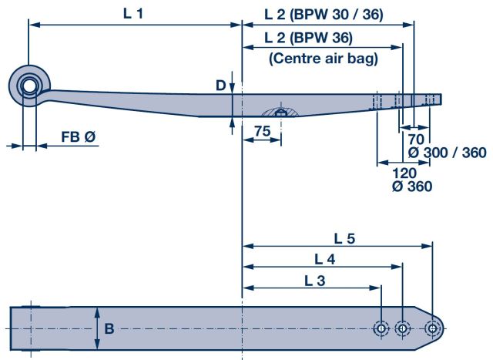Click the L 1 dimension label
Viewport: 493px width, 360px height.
pyautogui.click(x=132, y=14)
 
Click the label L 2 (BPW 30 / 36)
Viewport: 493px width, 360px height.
pyautogui.click(x=324, y=15)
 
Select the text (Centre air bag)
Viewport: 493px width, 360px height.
pyautogui.click(x=323, y=58)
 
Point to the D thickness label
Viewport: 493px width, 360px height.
pyautogui.click(x=221, y=85)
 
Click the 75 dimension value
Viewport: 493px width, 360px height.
pyautogui.click(x=262, y=132)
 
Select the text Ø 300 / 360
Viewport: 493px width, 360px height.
pyautogui.click(x=447, y=153)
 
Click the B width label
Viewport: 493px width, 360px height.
pyautogui.click(x=110, y=328)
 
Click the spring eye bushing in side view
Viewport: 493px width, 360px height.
pyautogui.click(x=31, y=84)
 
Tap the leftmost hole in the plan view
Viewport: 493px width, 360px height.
pyautogui.click(x=381, y=329)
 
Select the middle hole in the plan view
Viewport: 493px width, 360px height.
pyautogui.click(x=402, y=329)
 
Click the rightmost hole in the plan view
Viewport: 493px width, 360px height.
pyautogui.click(x=433, y=329)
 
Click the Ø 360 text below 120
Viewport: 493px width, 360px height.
pyautogui.click(x=411, y=186)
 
